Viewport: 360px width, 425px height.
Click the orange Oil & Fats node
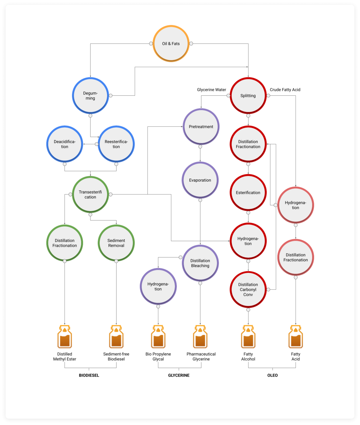pos(171,44)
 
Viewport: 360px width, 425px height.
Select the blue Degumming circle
pos(90,96)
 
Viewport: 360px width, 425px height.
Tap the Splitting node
pos(248,96)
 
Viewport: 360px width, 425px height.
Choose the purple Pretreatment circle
pos(201,127)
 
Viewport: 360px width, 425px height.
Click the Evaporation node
pos(200,180)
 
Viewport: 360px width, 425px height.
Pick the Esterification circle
pos(248,193)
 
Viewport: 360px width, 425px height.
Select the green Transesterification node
pos(90,195)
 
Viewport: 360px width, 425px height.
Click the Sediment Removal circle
pos(116,243)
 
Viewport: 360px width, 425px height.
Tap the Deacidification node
pos(64,144)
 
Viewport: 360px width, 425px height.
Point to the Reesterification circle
pos(116,144)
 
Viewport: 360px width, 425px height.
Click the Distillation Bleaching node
pos(200,263)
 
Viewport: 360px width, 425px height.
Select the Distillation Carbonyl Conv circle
pos(248,289)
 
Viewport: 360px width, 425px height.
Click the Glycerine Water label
pos(212,90)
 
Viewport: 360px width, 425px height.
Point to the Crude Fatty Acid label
pos(285,90)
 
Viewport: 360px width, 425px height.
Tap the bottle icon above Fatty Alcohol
pos(248,336)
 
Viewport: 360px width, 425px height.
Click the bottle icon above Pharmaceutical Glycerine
pos(200,336)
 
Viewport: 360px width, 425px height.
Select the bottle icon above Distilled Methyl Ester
pos(64,336)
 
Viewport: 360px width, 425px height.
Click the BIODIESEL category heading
pos(89,375)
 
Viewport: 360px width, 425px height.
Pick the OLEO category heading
pos(272,375)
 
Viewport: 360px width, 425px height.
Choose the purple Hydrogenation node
pos(158,286)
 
